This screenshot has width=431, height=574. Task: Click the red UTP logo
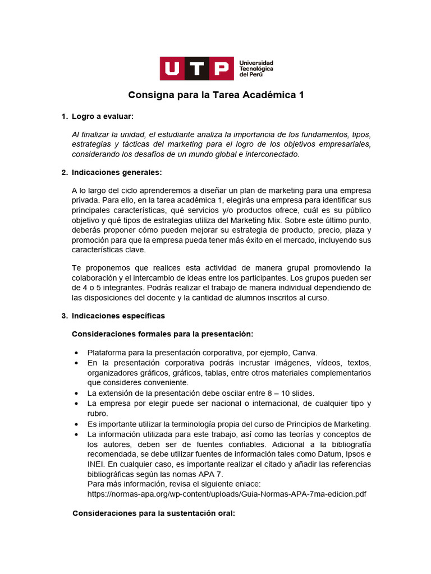(x=196, y=68)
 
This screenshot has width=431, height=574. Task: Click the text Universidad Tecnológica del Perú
(x=256, y=68)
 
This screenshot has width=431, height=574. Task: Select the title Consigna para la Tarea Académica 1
(x=216, y=95)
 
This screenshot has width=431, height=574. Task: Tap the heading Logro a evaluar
(x=103, y=116)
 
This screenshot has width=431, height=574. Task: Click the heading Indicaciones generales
(x=117, y=172)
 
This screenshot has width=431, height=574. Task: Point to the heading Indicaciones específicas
(x=118, y=316)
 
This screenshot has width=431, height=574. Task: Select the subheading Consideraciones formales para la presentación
(x=163, y=334)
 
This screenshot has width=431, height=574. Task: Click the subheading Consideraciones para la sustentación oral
(x=154, y=513)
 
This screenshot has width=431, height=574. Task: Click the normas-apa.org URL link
(x=227, y=494)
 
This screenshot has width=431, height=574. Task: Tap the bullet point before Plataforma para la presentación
(x=76, y=353)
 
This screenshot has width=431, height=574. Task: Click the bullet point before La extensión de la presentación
(x=76, y=393)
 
